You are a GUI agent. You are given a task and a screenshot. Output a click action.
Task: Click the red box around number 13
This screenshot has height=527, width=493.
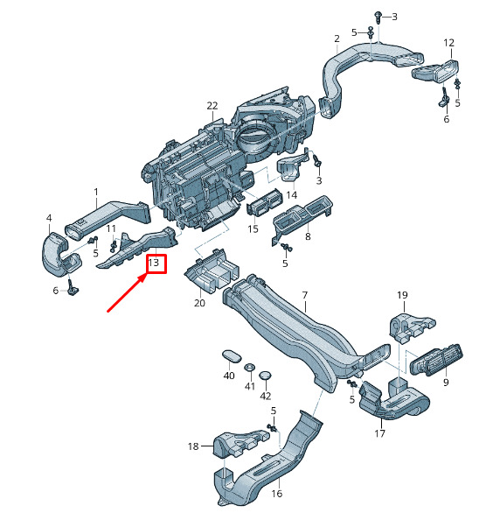[146, 263]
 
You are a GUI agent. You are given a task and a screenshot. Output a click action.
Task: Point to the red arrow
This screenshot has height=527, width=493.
[127, 292]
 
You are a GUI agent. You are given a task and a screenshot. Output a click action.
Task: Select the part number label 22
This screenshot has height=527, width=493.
[212, 106]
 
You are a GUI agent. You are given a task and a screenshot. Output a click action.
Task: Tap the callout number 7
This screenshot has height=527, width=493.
[304, 295]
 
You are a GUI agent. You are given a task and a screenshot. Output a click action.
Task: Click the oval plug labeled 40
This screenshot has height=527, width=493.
[232, 356]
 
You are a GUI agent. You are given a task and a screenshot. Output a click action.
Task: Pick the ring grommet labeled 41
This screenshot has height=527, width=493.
[249, 367]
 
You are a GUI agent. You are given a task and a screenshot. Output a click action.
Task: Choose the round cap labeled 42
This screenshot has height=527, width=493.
[265, 376]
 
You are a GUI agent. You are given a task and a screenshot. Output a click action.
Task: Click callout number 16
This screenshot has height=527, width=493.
[276, 494]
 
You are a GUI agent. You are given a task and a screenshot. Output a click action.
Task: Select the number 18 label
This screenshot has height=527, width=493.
[193, 446]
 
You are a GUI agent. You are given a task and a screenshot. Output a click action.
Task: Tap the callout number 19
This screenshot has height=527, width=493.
[402, 295]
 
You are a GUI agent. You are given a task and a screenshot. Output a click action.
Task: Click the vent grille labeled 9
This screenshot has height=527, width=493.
[436, 361]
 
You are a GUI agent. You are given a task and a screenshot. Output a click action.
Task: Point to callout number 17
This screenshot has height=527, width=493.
[379, 433]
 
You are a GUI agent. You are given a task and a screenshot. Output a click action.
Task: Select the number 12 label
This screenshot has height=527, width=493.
[448, 43]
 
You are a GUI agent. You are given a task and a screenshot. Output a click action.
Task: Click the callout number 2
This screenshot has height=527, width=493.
[337, 39]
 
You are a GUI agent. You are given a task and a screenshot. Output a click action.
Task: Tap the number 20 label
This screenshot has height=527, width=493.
[199, 303]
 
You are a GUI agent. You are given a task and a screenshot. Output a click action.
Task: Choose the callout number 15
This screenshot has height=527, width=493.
[253, 228]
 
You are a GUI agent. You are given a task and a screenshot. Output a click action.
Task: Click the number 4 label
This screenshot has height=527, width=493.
[49, 218]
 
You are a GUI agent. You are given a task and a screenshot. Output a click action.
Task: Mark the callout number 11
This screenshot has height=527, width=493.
[111, 228]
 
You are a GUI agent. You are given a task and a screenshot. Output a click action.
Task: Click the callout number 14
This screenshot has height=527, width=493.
[292, 195]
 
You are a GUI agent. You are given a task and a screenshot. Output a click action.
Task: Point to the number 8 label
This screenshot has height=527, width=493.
[308, 236]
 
